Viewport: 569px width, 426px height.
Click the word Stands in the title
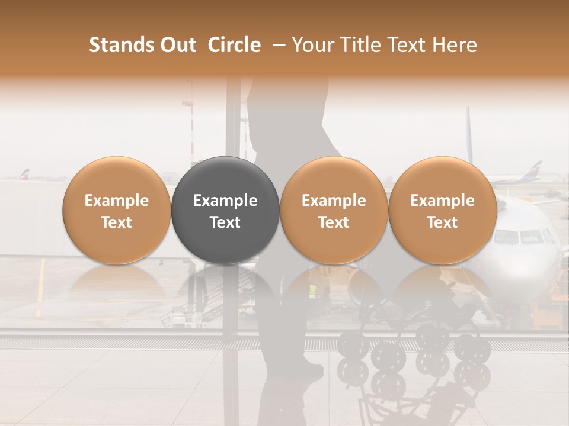pyautogui.click(x=123, y=45)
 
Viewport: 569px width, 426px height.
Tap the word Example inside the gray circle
pyautogui.click(x=225, y=201)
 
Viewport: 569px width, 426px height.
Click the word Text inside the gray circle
pyautogui.click(x=225, y=222)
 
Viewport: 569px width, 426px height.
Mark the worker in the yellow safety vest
pyautogui.click(x=312, y=291)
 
